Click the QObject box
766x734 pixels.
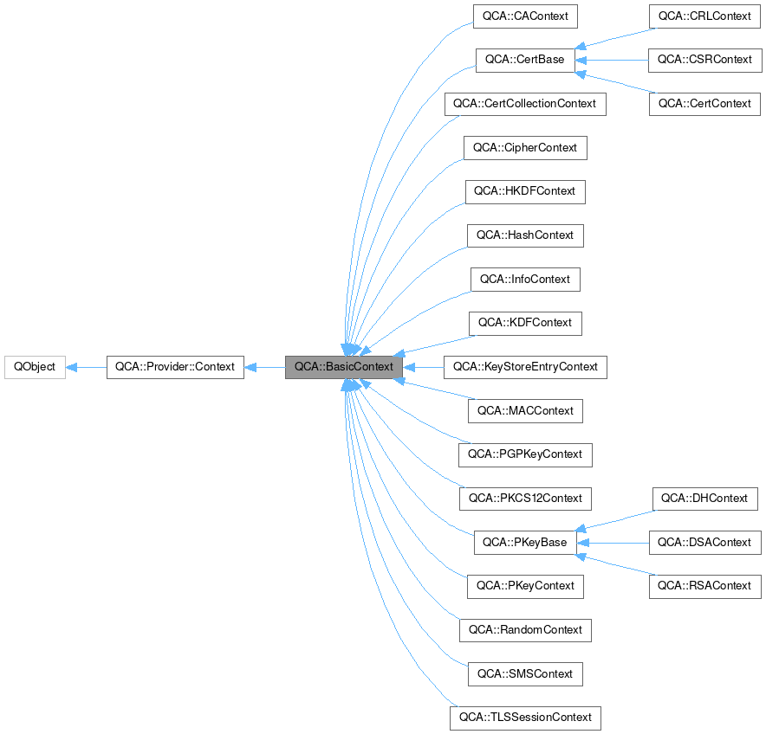click(x=35, y=367)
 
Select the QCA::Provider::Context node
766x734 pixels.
click(x=175, y=367)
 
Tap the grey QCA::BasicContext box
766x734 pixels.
click(x=343, y=367)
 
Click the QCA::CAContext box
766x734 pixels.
click(x=524, y=16)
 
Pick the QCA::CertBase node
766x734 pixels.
click(x=524, y=60)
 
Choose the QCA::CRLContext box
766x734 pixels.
click(x=704, y=16)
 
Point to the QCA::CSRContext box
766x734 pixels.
click(x=704, y=60)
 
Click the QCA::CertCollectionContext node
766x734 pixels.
click(x=524, y=104)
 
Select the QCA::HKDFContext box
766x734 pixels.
click(x=525, y=191)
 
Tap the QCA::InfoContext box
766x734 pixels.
click(x=525, y=280)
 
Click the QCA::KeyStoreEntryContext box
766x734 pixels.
click(x=524, y=367)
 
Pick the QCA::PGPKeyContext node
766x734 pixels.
click(x=524, y=454)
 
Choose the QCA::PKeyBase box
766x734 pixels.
click(x=524, y=543)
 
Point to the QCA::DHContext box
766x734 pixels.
click(x=704, y=499)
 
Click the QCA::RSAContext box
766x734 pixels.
click(x=704, y=586)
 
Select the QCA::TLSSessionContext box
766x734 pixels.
click(x=524, y=718)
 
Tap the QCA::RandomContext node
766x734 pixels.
click(x=525, y=630)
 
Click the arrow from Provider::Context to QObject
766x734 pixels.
click(x=86, y=367)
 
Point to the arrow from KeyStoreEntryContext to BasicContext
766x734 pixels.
click(x=423, y=367)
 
